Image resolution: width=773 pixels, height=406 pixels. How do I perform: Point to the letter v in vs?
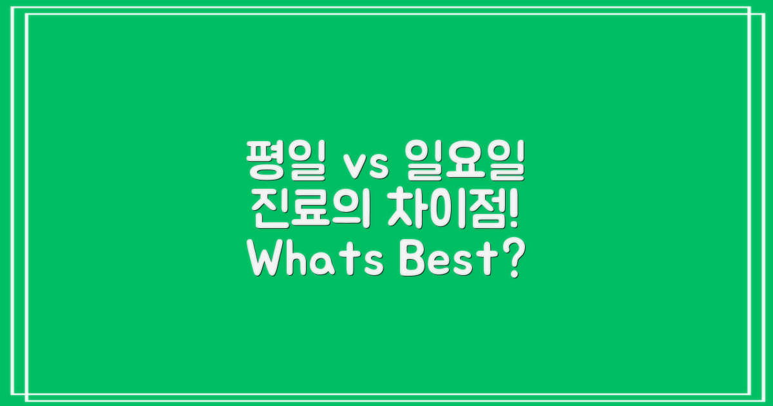(356, 168)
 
